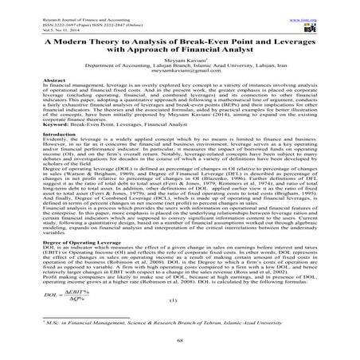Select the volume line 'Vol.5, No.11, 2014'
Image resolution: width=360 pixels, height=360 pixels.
tap(41, 15)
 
